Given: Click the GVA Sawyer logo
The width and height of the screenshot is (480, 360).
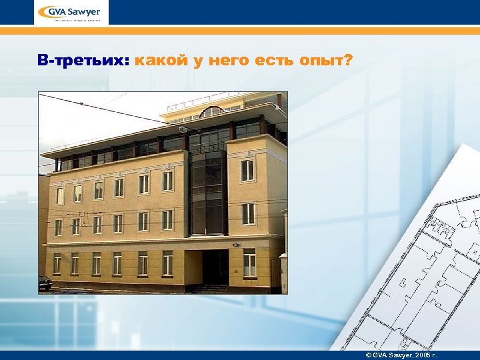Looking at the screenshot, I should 70,13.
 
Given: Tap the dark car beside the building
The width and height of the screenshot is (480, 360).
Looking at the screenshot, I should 45,283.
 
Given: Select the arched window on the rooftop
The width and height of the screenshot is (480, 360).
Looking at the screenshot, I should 212,113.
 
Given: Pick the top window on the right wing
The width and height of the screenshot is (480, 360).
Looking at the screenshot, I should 247,170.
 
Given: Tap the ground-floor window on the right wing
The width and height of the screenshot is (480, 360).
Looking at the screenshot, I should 249,262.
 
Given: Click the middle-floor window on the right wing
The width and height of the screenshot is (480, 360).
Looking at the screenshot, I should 248,213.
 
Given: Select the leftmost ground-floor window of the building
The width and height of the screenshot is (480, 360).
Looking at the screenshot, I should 57,263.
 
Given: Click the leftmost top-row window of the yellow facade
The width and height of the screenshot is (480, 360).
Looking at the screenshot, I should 60,195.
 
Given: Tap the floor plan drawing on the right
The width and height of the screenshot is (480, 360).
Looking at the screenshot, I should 427,267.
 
